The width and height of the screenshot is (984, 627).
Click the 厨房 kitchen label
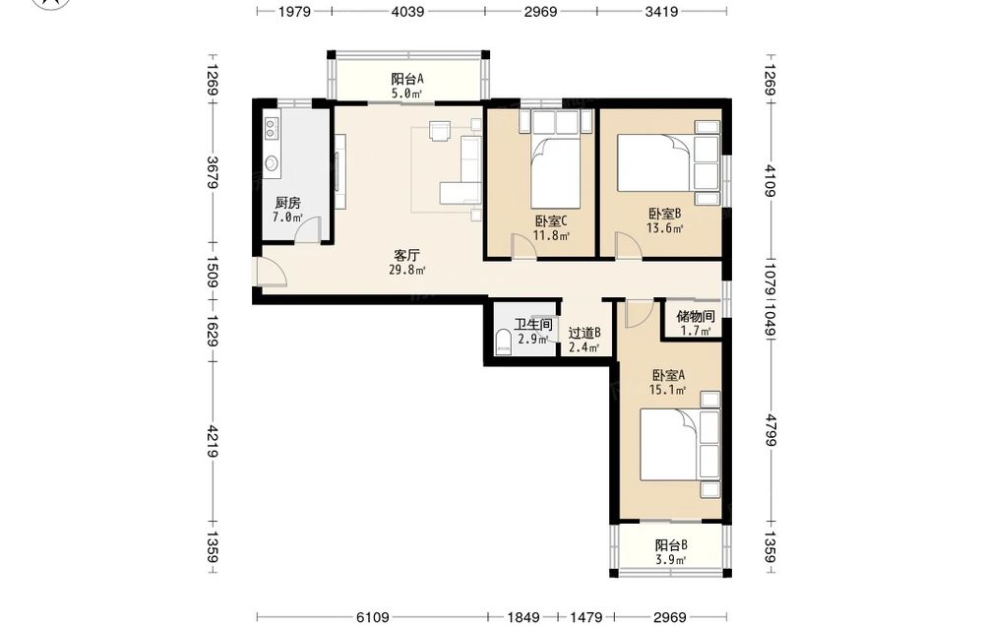[x=288, y=204]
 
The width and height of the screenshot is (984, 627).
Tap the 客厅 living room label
[x=406, y=256]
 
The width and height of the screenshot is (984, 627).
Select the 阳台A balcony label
[x=407, y=79]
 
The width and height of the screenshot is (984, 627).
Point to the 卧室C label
[x=552, y=220]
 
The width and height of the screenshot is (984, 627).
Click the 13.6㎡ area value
[x=665, y=228]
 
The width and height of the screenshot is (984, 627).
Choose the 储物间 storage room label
[x=696, y=316]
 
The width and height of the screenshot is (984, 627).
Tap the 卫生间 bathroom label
[x=533, y=325]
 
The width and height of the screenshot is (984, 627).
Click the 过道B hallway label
[x=584, y=334]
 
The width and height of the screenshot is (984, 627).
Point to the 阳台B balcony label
[x=671, y=544]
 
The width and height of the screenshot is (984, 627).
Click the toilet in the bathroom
[x=503, y=343]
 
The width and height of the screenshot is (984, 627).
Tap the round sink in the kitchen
[x=272, y=163]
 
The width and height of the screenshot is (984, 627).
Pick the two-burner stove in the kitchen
[x=272, y=129]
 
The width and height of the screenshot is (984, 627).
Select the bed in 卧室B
[x=655, y=162]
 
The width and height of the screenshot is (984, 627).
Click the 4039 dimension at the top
[x=408, y=11]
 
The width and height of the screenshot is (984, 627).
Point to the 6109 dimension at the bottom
[x=373, y=617]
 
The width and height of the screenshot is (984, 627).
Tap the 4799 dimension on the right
[x=771, y=430]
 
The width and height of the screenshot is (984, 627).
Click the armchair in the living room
[x=439, y=131]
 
